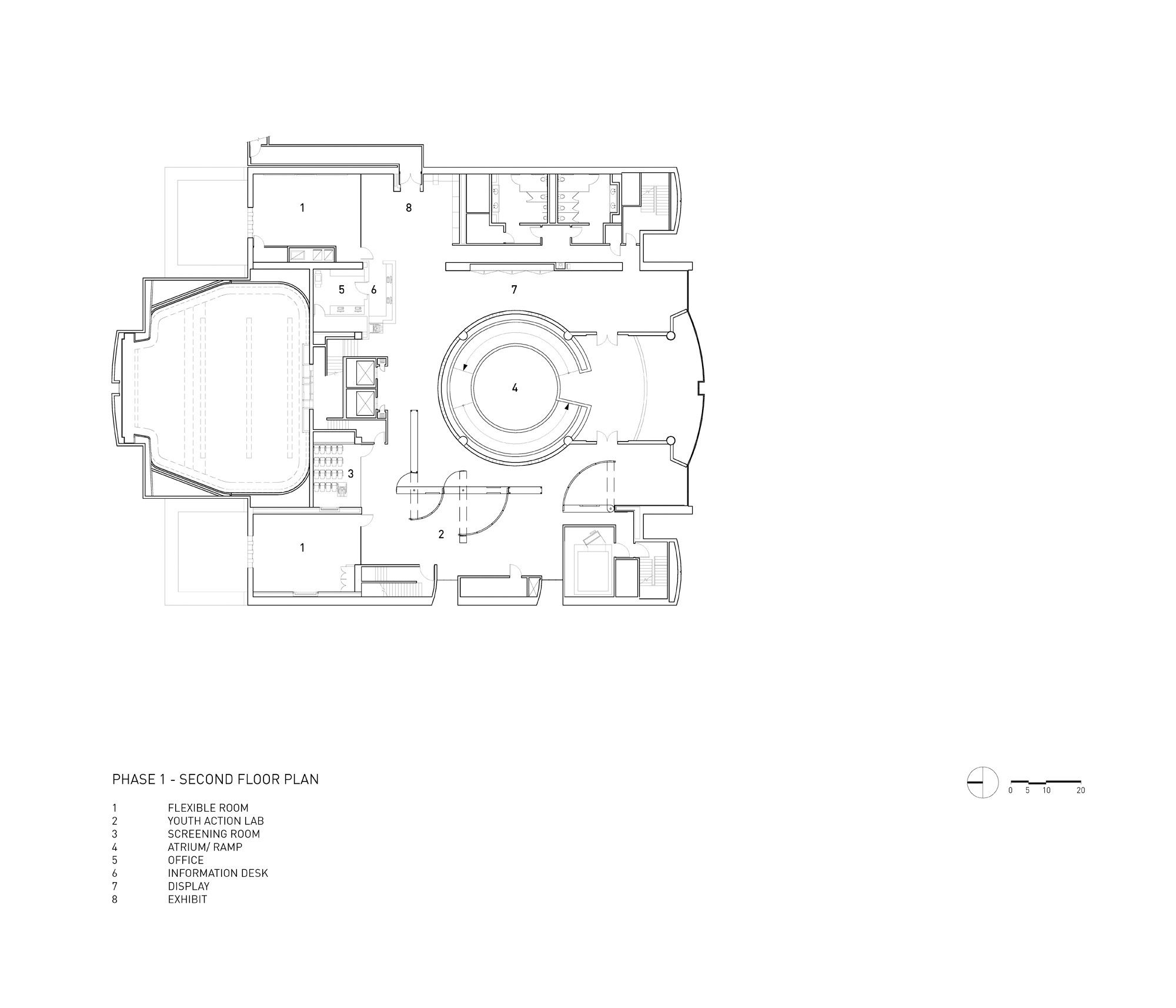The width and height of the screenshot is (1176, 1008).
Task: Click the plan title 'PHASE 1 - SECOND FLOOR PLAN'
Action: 215,779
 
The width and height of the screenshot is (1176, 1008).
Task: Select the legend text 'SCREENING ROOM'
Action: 213,834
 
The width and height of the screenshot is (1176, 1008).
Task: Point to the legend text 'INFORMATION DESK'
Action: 218,873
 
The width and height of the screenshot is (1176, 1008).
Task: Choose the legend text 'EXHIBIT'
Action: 187,899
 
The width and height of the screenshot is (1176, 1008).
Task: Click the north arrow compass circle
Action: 983,782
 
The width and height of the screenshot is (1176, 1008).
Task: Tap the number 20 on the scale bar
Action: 1081,790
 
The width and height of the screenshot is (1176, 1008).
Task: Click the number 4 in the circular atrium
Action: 514,388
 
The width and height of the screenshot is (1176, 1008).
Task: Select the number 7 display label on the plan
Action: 514,290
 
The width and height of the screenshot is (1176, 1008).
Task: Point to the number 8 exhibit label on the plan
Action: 409,208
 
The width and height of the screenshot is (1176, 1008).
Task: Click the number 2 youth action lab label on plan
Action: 441,534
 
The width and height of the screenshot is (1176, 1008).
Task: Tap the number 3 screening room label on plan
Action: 350,473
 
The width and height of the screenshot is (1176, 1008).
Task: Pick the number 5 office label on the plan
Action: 341,289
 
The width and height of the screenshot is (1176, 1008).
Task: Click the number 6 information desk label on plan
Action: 373,289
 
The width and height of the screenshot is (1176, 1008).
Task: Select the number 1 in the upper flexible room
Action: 302,208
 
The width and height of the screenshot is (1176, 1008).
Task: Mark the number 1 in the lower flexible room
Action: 302,548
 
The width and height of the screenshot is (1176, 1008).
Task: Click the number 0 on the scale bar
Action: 1010,790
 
